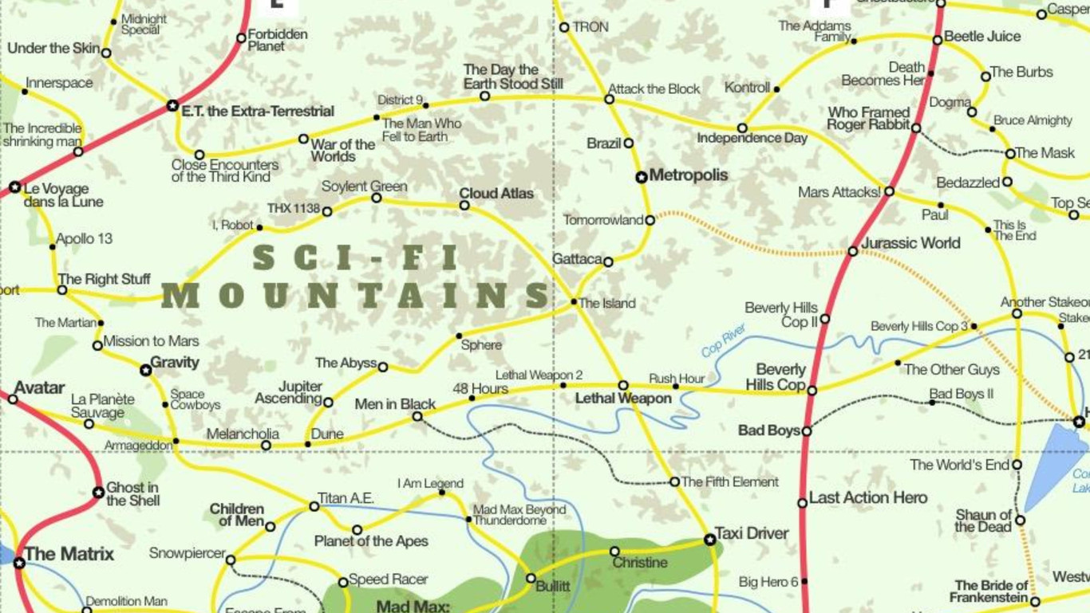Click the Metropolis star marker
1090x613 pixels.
(642, 177)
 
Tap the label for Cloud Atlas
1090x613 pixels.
(496, 194)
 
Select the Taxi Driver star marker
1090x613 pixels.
(710, 540)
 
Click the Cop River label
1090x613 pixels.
(723, 340)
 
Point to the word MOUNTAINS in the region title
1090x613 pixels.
(357, 295)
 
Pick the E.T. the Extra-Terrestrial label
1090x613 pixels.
(257, 112)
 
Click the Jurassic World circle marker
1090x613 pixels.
(853, 251)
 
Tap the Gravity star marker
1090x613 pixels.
(145, 370)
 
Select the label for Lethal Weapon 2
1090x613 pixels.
(539, 375)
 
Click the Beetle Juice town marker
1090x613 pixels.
(938, 40)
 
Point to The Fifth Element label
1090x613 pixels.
(729, 482)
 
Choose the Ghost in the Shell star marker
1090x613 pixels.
(98, 493)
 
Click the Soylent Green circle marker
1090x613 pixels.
(377, 198)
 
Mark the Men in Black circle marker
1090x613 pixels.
(417, 417)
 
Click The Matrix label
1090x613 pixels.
(69, 554)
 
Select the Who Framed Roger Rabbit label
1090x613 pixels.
(868, 119)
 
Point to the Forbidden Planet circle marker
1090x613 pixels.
(241, 37)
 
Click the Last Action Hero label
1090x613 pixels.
(868, 498)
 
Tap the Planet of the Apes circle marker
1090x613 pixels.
(357, 530)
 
